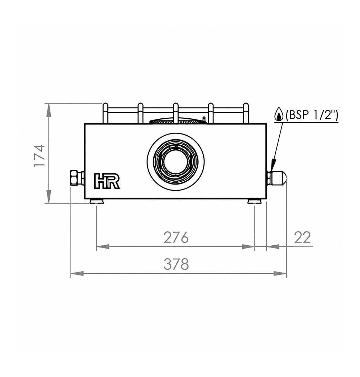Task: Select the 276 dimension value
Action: [176, 237]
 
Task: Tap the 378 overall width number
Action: [176, 264]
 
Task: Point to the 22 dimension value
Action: [302, 237]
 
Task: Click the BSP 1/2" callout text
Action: [312, 115]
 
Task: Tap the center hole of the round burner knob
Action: [176, 160]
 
